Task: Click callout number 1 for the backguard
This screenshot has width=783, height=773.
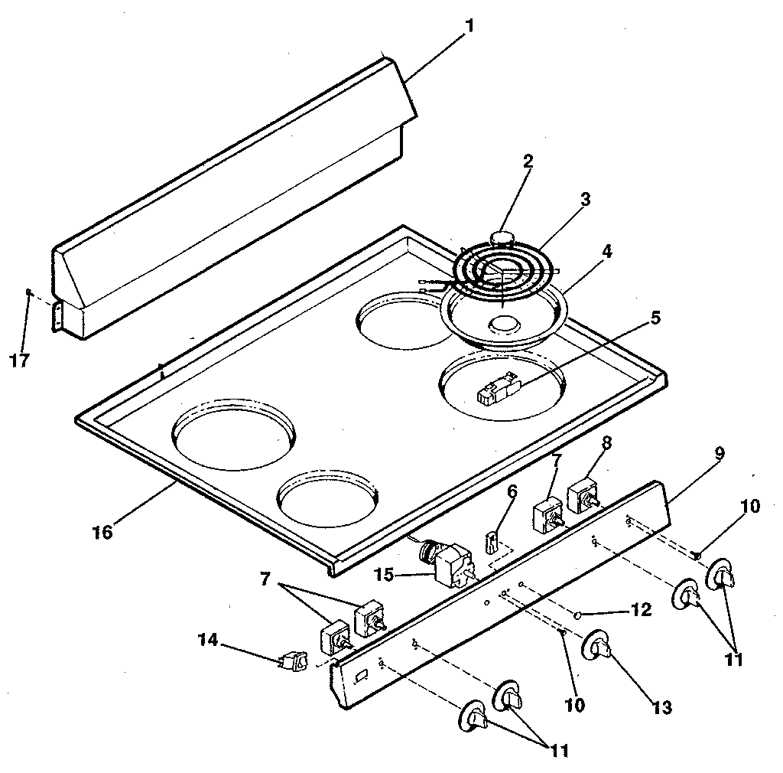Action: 469,25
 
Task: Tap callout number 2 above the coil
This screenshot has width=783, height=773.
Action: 528,161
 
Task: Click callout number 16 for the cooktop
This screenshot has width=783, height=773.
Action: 102,531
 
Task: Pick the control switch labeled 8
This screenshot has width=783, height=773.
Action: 583,494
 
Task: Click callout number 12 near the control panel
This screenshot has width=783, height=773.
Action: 641,610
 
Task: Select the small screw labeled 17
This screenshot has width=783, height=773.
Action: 28,292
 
